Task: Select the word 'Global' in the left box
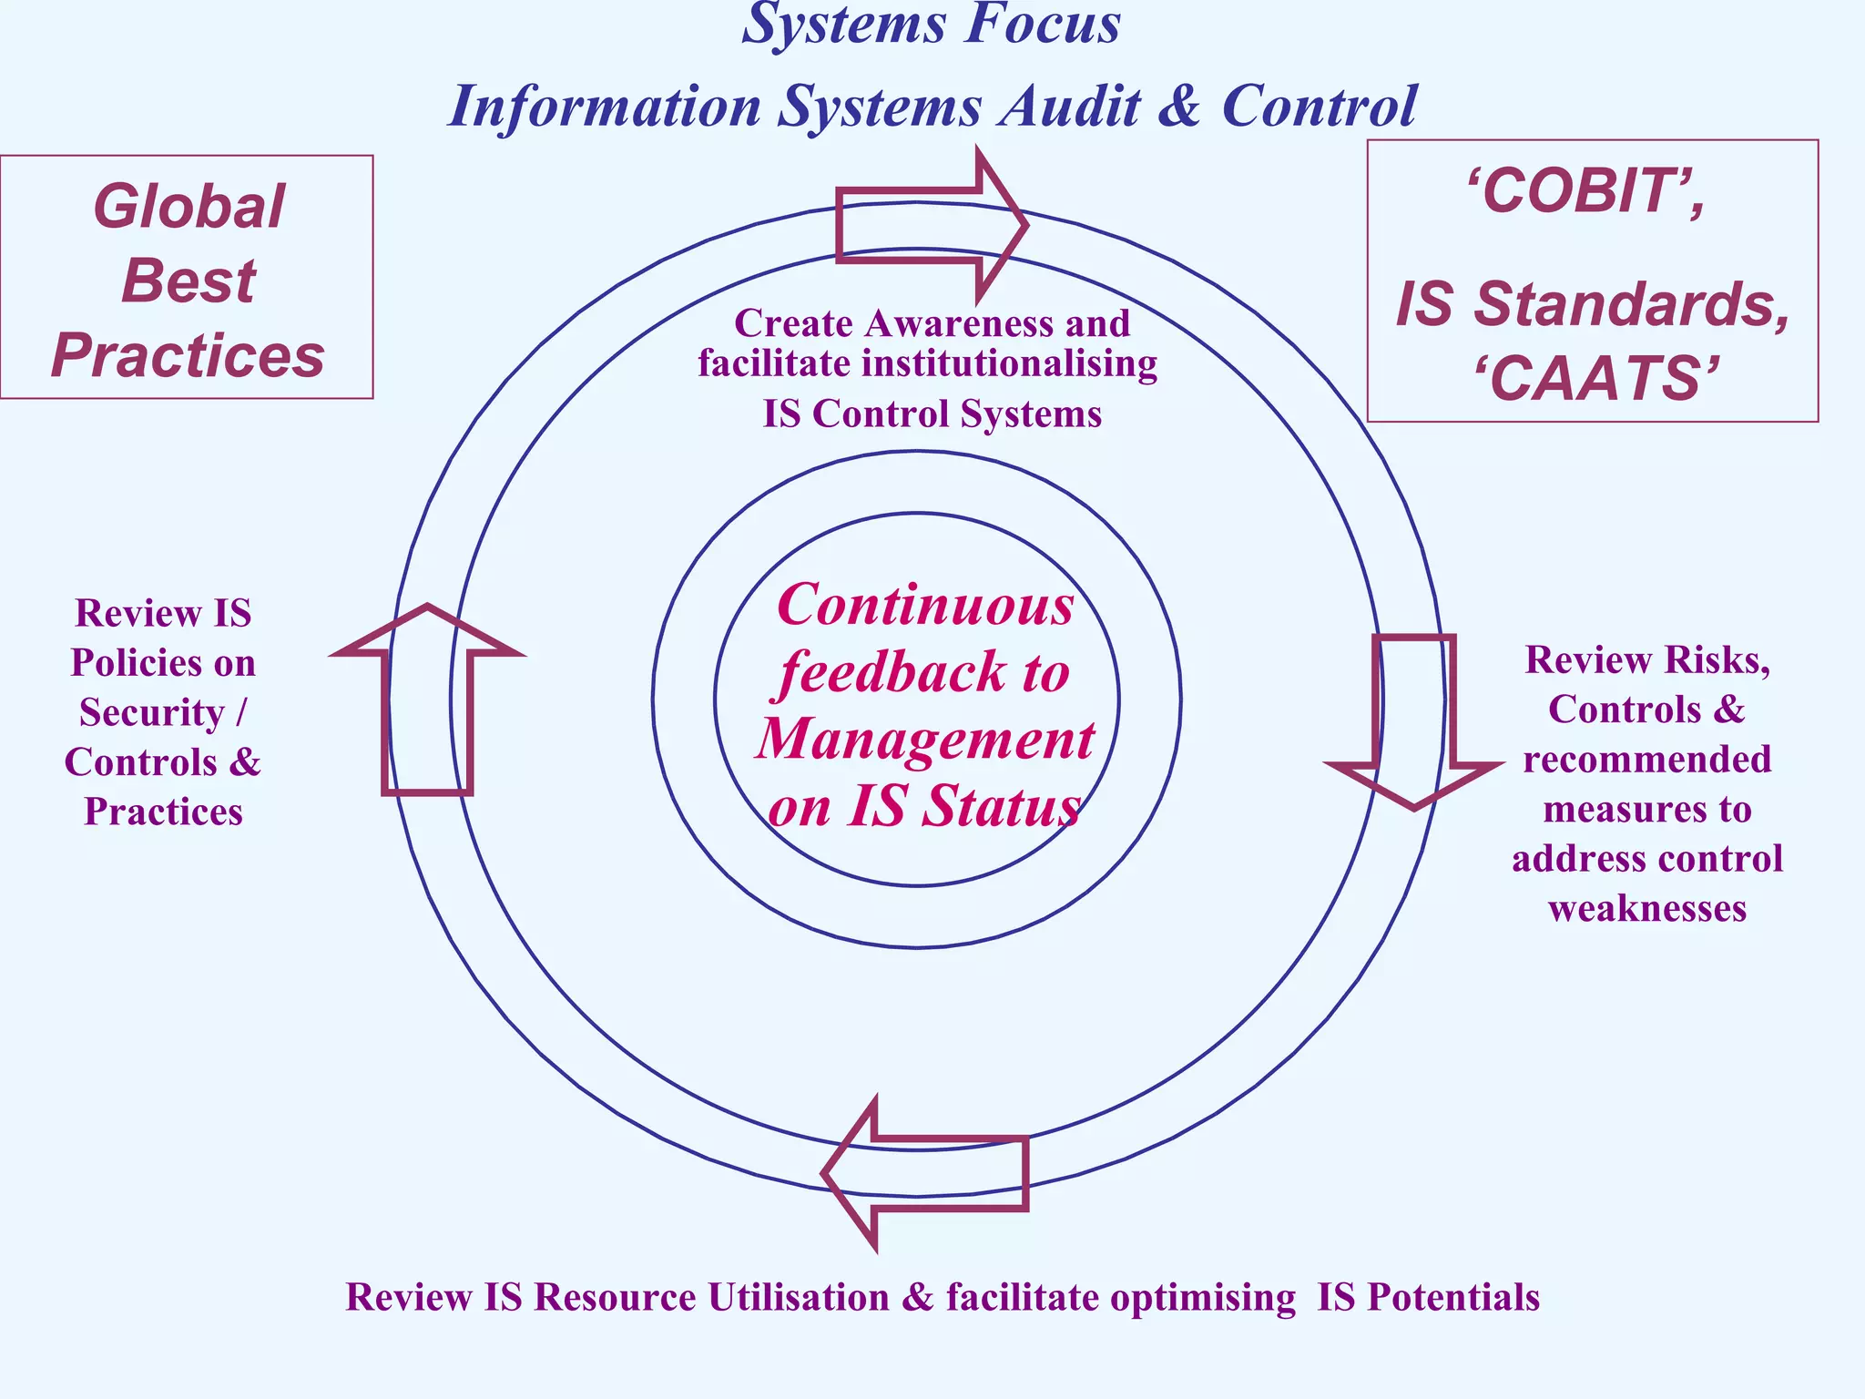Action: point(189,207)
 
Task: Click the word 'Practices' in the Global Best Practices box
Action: point(188,355)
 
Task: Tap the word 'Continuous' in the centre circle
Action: point(925,606)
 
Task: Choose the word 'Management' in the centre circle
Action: point(925,739)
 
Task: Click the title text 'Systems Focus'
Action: point(931,25)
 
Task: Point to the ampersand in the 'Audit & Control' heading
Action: point(1180,106)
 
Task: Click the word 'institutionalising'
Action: point(1009,363)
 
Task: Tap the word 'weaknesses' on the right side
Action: point(1646,908)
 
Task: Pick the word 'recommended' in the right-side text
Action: point(1646,760)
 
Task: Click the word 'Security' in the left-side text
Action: point(151,712)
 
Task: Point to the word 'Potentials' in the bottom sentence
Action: point(1453,1297)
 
